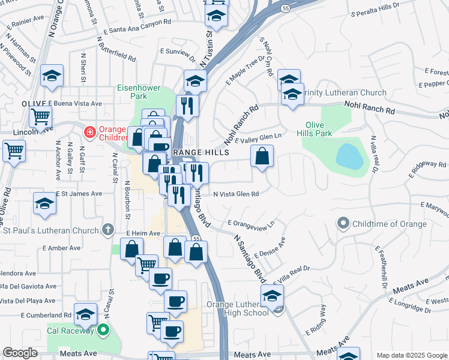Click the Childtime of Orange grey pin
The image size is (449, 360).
pos(343,224)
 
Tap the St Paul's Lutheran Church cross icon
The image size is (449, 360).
pos(107,230)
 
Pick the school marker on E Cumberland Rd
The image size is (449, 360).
pos(86,314)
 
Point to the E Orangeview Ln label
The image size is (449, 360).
pos(252,223)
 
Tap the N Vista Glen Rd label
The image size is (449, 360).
pos(237,194)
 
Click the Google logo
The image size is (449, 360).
pos(20,353)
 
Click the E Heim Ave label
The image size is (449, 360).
pos(143,233)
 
